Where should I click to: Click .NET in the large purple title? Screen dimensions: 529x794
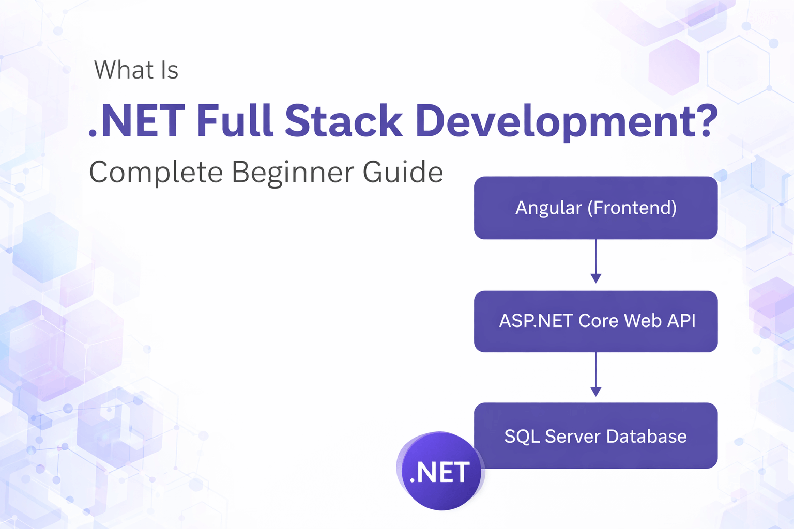coord(137,121)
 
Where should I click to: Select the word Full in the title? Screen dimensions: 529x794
coord(234,121)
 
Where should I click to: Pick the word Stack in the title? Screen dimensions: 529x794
coord(344,121)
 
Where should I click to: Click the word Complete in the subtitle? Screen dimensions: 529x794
coord(156,173)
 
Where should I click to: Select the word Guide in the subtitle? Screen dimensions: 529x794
coord(403,172)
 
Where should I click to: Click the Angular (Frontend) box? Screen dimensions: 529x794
coord(595,208)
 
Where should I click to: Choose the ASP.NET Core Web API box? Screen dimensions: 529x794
coord(595,321)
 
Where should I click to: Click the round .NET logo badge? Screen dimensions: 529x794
coord(440,472)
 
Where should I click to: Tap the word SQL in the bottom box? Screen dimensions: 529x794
coord(522,437)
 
